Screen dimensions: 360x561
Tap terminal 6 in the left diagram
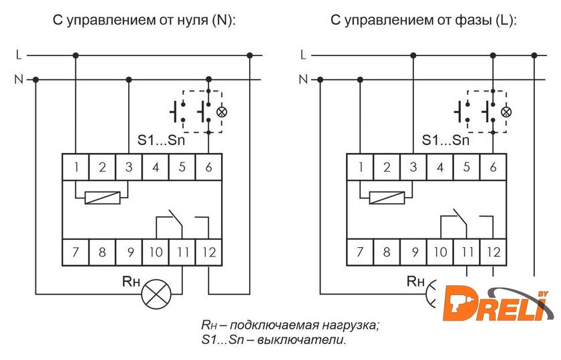208,167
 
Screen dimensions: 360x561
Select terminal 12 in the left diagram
208,252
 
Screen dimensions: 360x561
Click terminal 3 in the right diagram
413,167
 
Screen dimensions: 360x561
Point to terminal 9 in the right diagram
413,252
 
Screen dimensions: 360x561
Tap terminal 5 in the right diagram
466,167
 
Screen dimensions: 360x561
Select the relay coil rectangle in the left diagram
102,197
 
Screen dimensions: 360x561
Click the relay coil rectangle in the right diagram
387,197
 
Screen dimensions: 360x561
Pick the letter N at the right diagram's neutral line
303,79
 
